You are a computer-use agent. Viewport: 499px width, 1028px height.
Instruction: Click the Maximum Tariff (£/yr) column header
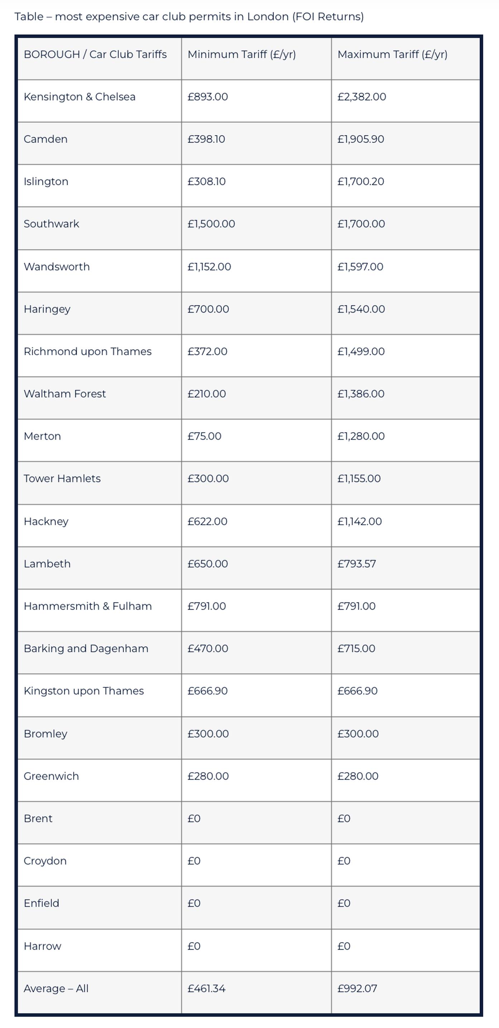[392, 54]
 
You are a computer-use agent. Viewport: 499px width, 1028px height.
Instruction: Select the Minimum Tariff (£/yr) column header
[241, 54]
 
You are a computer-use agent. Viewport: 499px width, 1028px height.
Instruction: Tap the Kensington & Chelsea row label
[80, 97]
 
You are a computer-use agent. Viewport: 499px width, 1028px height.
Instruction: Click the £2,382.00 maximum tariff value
[362, 97]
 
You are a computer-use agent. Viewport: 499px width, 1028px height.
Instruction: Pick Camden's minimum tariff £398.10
[206, 139]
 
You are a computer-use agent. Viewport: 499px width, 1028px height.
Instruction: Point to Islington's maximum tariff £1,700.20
[360, 182]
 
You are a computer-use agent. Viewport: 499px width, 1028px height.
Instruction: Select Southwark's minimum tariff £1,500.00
[211, 224]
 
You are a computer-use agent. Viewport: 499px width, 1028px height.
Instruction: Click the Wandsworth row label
[57, 266]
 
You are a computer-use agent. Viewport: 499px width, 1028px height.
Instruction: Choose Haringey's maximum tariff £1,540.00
[361, 309]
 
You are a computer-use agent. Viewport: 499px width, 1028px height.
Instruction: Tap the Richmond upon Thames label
[87, 352]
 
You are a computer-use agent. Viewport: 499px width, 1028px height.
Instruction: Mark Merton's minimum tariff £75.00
[205, 436]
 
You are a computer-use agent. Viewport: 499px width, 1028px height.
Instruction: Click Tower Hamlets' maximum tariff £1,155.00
[359, 479]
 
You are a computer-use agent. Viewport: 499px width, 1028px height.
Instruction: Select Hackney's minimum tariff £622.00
[207, 522]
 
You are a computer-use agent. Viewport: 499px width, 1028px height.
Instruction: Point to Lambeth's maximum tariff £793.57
[356, 564]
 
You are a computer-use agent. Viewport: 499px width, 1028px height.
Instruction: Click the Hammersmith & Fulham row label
[87, 606]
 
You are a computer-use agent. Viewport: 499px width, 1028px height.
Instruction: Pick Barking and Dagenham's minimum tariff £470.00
[207, 648]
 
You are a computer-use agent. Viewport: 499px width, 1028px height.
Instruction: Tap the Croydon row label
[45, 861]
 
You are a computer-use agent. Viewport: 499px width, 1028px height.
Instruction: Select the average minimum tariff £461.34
[206, 989]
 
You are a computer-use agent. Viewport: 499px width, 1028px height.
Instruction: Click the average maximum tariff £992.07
[357, 989]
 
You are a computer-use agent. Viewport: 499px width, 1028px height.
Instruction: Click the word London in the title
[268, 17]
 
